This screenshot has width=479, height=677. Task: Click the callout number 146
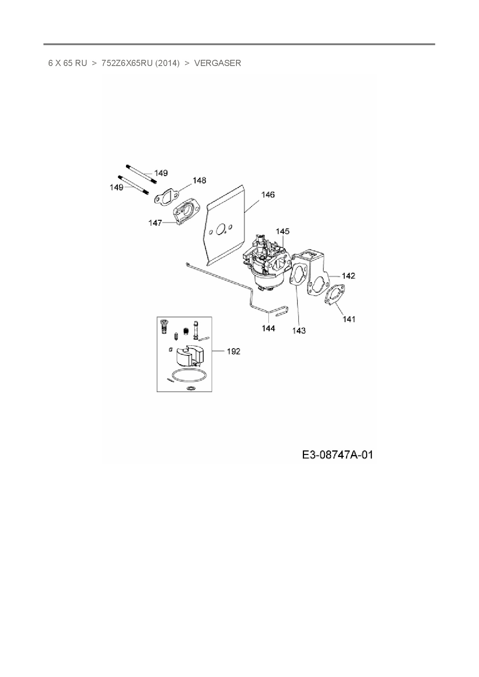point(268,195)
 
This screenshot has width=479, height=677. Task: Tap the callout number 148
point(199,180)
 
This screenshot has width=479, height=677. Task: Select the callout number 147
point(155,223)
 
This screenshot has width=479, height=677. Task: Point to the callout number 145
point(282,231)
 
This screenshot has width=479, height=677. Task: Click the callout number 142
point(348,276)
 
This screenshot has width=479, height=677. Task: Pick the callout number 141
point(349,319)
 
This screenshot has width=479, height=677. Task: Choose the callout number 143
point(299,330)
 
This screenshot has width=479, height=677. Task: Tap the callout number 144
point(268,328)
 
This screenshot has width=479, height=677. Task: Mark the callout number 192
point(233,351)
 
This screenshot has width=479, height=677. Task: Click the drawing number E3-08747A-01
point(337,455)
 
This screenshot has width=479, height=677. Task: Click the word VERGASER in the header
point(217,63)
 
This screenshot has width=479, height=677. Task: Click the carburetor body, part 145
point(266,262)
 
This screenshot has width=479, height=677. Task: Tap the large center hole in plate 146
point(221,231)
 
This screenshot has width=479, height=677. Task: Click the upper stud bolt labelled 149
point(141,174)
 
